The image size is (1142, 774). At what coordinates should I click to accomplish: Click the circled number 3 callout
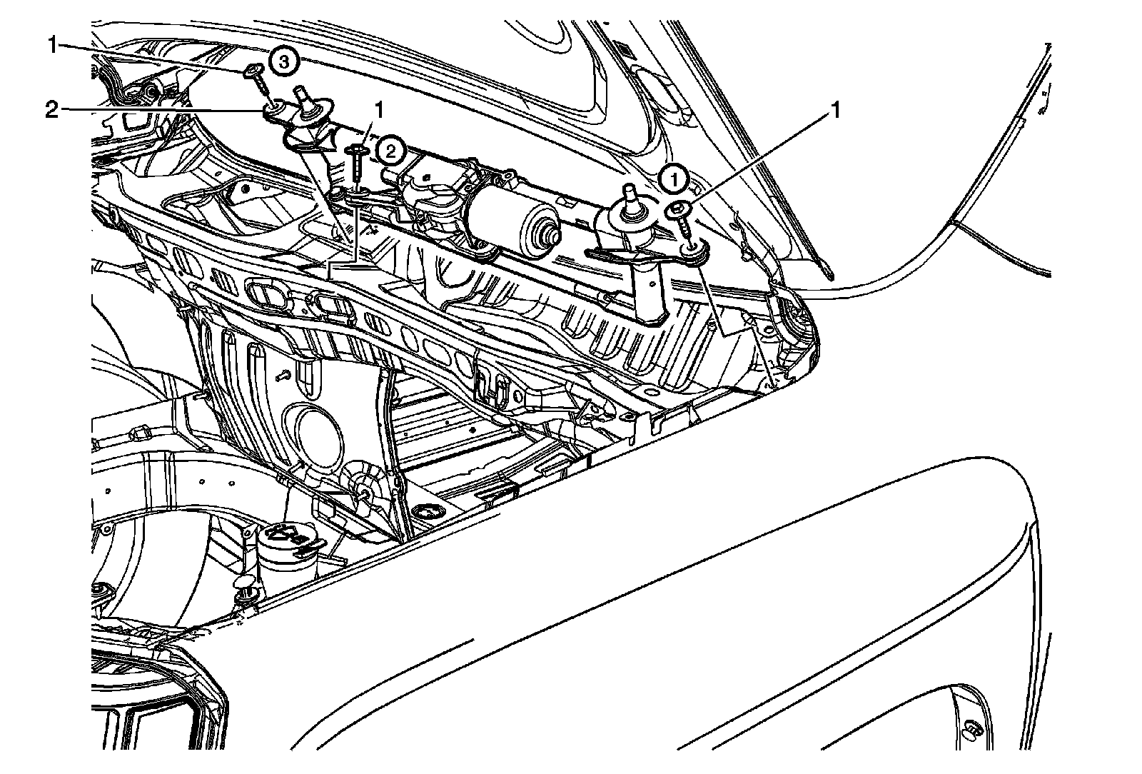point(284,62)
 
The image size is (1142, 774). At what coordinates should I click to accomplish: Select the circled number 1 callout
point(674,180)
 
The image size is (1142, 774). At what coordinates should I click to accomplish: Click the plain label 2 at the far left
point(52,110)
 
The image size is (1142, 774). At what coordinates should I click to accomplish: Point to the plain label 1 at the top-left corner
point(53,46)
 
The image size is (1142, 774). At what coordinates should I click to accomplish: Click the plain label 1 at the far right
point(834,110)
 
